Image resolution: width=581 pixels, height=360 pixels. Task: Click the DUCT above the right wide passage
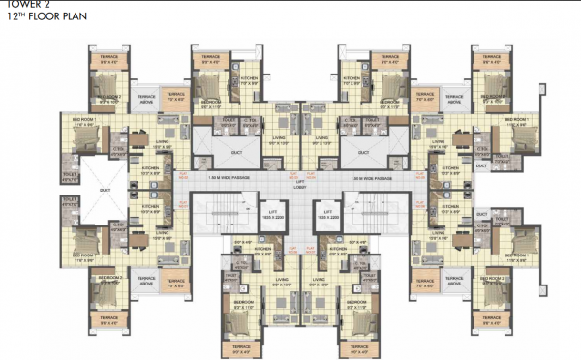[x=363, y=152]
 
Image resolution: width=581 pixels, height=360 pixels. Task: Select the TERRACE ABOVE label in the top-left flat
[x=146, y=98]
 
